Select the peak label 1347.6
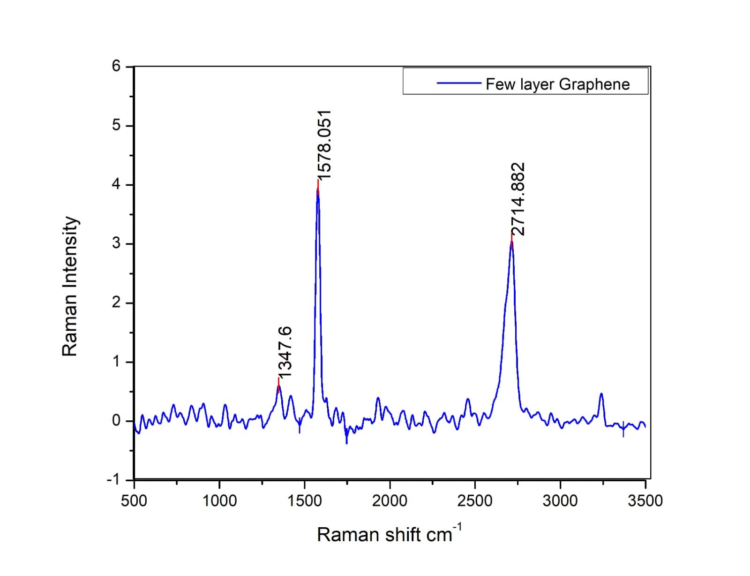point(285,352)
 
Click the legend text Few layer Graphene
point(557,84)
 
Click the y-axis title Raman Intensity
point(70,286)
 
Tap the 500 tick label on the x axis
point(134,500)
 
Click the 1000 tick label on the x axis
point(219,500)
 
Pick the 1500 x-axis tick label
point(305,500)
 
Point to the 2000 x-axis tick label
point(390,500)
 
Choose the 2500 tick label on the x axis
point(475,500)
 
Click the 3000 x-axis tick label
point(560,500)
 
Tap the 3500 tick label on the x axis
point(645,500)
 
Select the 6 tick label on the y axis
point(116,66)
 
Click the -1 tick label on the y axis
point(113,479)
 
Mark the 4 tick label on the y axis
point(116,184)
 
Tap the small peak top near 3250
point(601,394)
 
